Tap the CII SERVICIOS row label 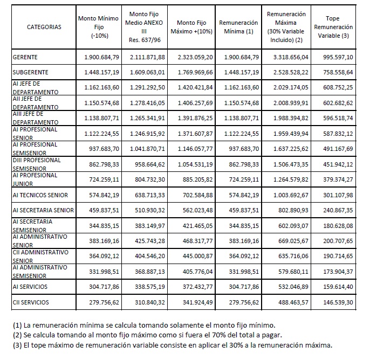coord(31,302)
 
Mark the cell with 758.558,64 coord(337,72)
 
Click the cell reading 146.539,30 coord(337,302)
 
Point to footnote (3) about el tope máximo coord(172,345)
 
